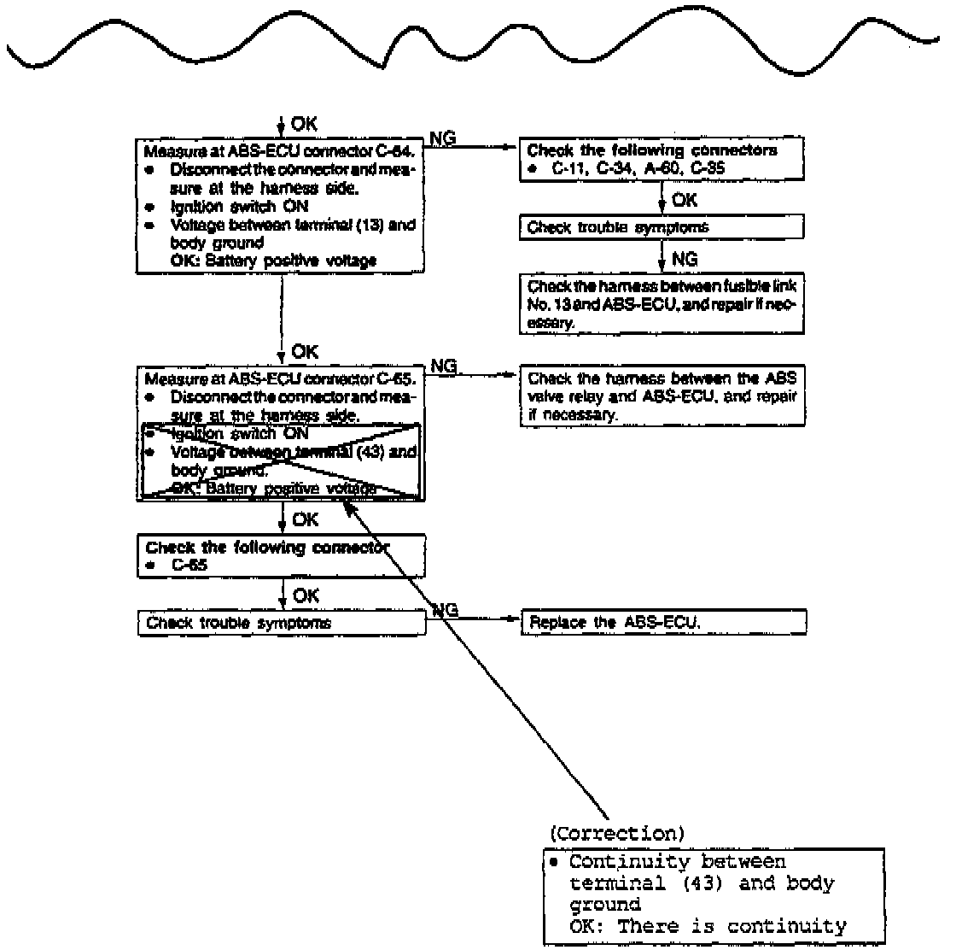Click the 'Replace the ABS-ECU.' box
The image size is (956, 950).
pos(663,622)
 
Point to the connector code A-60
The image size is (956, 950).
pos(668,169)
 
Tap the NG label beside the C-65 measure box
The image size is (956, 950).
pos(444,367)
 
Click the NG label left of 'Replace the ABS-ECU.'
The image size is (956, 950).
pos(446,609)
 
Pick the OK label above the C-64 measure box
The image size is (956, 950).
pos(304,125)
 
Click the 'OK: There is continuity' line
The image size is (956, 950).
pos(708,926)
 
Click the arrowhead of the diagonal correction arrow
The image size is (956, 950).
pos(348,506)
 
